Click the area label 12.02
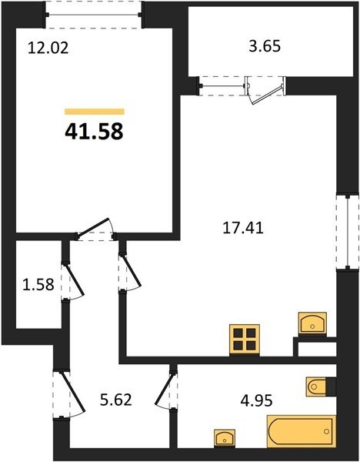48,48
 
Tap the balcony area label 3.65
265,46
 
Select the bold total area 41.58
94,132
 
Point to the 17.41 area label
243,228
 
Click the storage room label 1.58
38,285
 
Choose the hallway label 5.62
116,400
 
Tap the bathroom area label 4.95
256,400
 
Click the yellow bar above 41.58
95,112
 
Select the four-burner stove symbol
245,339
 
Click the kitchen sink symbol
312,323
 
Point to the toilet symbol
317,387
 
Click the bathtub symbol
302,431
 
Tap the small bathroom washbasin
225,438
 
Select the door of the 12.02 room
94,227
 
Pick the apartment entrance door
73,392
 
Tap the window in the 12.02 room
93,15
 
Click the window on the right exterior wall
348,231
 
